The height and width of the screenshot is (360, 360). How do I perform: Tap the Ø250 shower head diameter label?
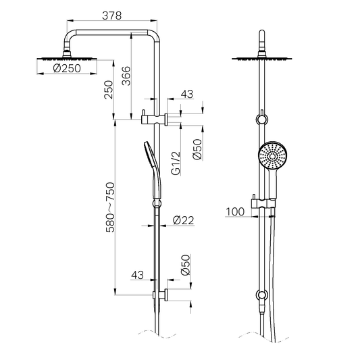click(66, 68)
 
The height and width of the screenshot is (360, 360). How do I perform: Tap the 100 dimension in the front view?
click(236, 211)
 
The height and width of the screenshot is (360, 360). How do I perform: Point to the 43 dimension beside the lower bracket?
click(138, 275)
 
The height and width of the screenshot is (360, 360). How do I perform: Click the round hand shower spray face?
click(272, 157)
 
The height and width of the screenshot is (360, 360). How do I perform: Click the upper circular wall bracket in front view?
click(261, 120)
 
